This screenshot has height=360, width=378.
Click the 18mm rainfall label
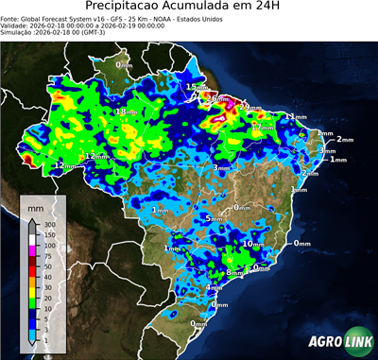(x=125, y=112)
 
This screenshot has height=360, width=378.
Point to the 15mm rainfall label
(x=195, y=87)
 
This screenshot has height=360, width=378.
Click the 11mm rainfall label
(x=298, y=116)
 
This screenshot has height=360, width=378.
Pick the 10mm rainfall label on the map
(x=252, y=244)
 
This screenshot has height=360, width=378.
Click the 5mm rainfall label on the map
(x=215, y=219)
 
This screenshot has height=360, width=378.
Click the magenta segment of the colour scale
(x=34, y=250)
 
